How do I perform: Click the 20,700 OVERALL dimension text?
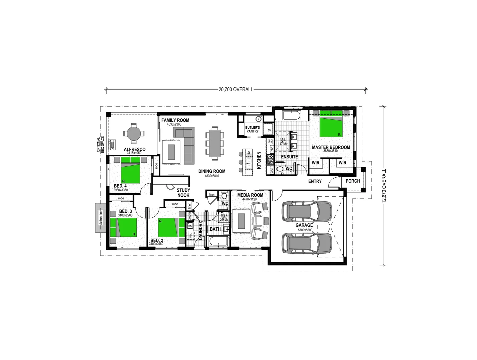click(236, 89)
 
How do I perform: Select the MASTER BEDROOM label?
click(331, 147)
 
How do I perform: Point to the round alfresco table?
click(133, 134)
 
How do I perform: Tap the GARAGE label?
click(304, 225)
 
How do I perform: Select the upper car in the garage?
click(307, 211)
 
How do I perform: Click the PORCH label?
click(353, 181)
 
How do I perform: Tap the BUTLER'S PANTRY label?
click(252, 129)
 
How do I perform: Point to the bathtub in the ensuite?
click(292, 116)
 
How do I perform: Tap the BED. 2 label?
click(156, 240)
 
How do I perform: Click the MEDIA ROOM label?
click(250, 195)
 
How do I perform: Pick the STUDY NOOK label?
click(183, 193)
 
